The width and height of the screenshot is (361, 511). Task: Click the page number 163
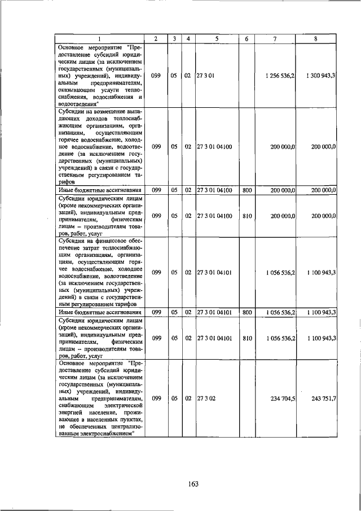(x=195, y=483)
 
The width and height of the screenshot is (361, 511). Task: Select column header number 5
(x=217, y=38)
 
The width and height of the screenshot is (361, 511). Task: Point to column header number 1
(x=98, y=38)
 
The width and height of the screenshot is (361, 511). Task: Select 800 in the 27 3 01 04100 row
(x=246, y=190)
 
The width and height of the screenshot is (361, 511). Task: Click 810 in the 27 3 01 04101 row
(x=246, y=338)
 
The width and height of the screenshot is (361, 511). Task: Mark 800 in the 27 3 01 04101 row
(x=246, y=312)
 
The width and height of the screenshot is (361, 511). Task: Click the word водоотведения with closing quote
(x=79, y=104)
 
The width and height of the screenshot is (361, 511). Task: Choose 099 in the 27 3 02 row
(x=157, y=398)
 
